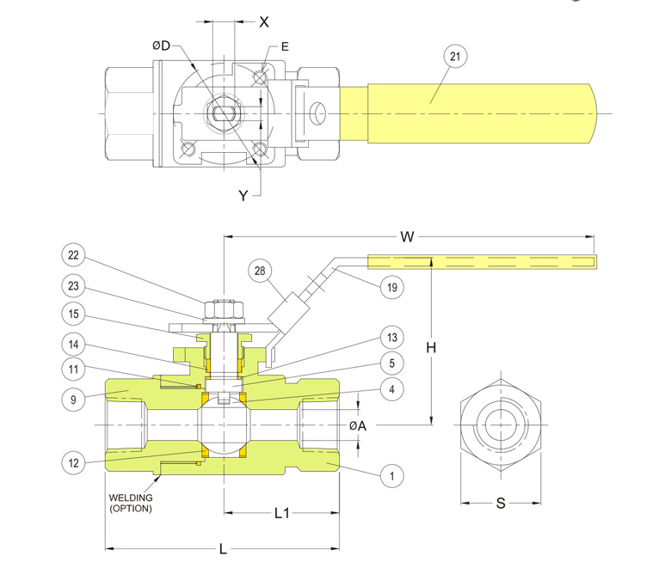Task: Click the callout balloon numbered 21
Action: (456, 57)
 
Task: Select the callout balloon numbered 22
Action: (75, 254)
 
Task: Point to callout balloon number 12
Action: (75, 462)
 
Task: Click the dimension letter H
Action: (430, 348)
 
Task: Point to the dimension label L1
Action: (281, 514)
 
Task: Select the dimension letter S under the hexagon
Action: (501, 504)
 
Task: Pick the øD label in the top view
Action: (162, 46)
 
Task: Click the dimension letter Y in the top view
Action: (243, 196)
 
